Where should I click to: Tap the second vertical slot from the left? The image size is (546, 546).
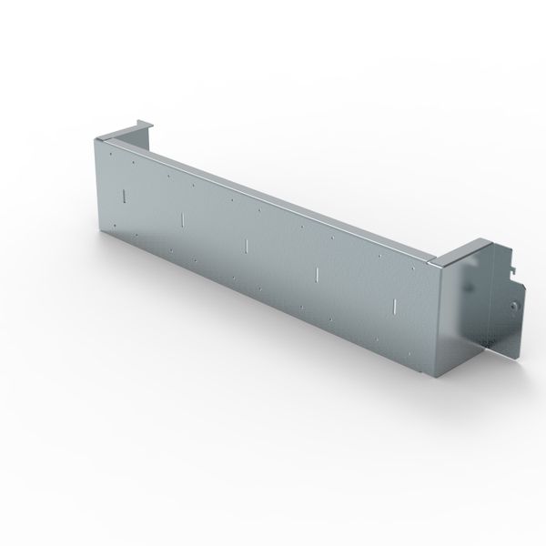coord(183,219)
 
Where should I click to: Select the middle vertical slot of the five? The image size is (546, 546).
coord(247,244)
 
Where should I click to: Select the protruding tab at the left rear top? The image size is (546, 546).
coord(138,124)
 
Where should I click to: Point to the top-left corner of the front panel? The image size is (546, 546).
coord(96,139)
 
